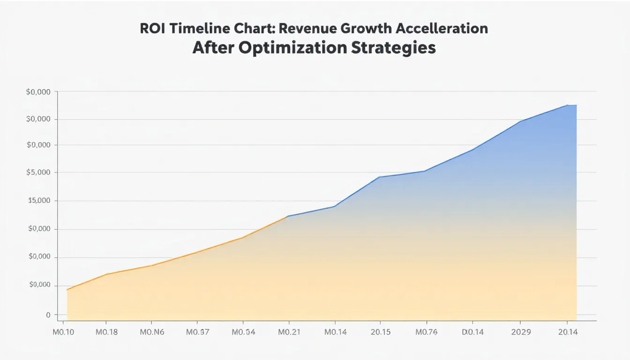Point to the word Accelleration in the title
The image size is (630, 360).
pyautogui.click(x=442, y=28)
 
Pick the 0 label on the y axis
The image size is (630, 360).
pyautogui.click(x=48, y=315)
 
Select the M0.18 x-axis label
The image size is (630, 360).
pyautogui.click(x=107, y=332)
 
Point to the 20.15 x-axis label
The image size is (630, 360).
pyautogui.click(x=380, y=332)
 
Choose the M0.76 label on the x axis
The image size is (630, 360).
pyautogui.click(x=426, y=332)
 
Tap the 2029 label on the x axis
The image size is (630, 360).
pyautogui.click(x=520, y=332)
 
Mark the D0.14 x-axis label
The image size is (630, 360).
pyautogui.click(x=472, y=332)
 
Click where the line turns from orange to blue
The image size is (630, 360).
pyautogui.click(x=287, y=216)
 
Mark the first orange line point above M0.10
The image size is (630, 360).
pyautogui.click(x=67, y=290)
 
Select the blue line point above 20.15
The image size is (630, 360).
pyautogui.click(x=379, y=177)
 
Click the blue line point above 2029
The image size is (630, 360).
pyautogui.click(x=520, y=121)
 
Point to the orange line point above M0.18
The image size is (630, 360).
pyautogui.click(x=107, y=274)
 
